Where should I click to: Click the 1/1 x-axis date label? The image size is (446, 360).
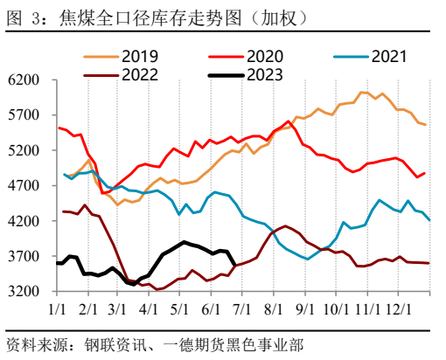point(59,308)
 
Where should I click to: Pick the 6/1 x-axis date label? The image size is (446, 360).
point(209,308)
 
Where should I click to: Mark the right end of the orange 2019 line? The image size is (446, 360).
point(426,125)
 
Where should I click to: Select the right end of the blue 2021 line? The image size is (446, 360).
point(429,220)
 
